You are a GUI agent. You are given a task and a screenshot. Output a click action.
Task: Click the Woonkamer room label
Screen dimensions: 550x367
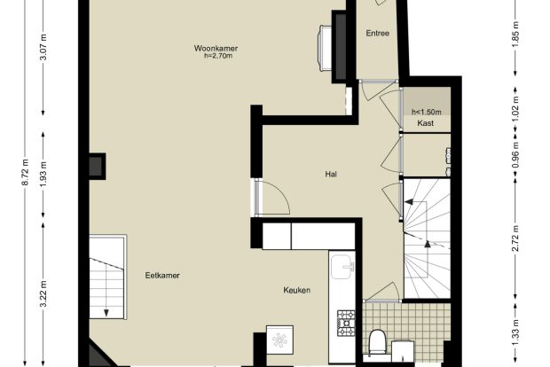pos(216,48)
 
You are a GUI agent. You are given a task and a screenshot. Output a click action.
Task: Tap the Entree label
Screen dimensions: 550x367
pos(377,34)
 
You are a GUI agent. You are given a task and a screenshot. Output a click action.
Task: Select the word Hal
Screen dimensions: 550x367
pos(331,174)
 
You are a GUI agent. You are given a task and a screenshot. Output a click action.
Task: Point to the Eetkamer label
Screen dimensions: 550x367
pos(162,276)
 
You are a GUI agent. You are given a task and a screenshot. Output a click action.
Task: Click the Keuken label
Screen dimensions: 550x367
pos(297,290)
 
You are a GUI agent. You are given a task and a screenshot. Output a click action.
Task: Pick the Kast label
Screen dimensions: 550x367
pos(426,123)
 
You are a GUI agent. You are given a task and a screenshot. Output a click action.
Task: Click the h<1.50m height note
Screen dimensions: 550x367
pos(427,113)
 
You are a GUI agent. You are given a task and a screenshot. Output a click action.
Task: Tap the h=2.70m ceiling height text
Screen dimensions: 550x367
pos(218,56)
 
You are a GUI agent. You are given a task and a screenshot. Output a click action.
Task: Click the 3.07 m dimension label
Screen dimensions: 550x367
pos(43,47)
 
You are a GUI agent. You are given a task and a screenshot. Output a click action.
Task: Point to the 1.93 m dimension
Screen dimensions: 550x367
pos(43,174)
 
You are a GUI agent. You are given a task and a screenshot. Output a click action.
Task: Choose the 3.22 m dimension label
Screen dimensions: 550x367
pos(43,293)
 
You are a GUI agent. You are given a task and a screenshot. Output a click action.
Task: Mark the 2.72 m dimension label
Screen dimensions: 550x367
pos(515,238)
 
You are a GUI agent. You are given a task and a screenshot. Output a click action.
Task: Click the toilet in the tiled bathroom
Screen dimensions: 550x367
pos(377,341)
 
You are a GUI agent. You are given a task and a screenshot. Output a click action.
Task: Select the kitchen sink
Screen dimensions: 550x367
pos(342,267)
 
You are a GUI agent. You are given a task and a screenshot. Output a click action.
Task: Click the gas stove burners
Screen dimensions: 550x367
pos(346,323)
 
